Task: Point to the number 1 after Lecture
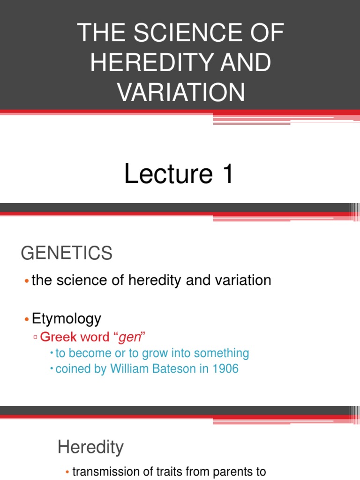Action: (x=226, y=174)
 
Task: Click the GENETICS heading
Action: (x=67, y=254)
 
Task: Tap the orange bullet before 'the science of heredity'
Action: (x=27, y=281)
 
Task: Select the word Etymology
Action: (x=66, y=319)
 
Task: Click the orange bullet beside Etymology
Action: (x=27, y=320)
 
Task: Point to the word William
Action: (x=131, y=369)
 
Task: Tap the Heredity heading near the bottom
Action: (x=90, y=447)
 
